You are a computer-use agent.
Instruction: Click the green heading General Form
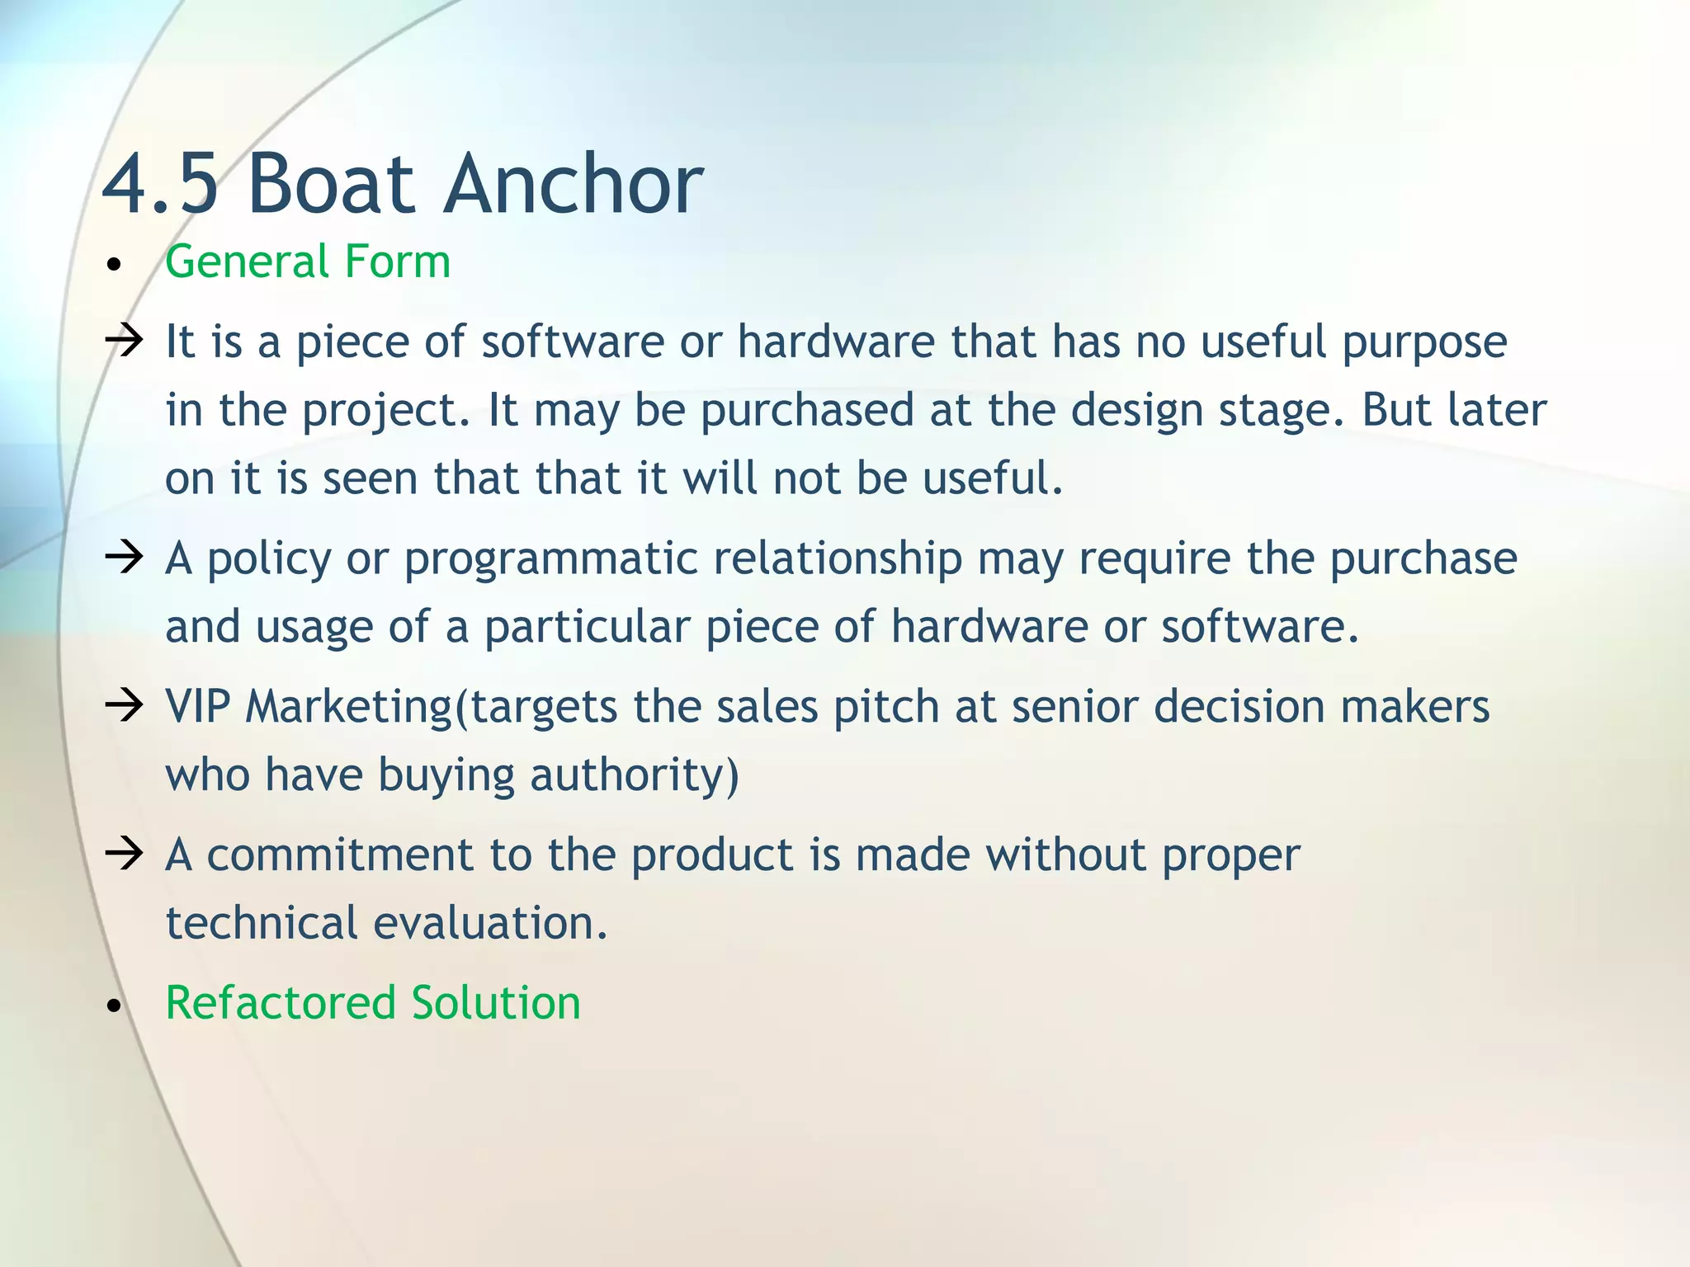308,262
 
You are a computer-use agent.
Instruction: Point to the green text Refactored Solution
373,1003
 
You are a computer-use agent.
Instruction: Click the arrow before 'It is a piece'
125,341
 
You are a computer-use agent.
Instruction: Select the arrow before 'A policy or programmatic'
125,558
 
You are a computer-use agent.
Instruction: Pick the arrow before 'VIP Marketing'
125,705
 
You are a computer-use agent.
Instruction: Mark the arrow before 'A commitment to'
125,854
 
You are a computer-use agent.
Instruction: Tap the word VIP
197,707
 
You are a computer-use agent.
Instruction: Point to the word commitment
339,855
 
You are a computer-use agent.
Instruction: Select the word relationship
838,559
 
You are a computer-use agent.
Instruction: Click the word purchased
807,411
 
